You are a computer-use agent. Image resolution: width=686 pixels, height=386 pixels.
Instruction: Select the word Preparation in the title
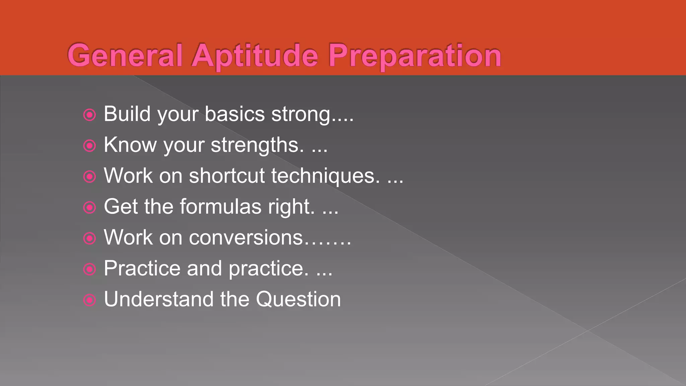tap(415, 56)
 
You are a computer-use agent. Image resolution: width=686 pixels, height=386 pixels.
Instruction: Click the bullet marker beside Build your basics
tap(89, 115)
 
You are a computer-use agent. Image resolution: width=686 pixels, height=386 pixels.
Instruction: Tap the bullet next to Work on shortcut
tap(89, 177)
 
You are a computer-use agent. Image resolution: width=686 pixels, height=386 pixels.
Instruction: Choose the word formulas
tap(221, 206)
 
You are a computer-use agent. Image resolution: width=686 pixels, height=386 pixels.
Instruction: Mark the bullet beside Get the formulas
tap(89, 207)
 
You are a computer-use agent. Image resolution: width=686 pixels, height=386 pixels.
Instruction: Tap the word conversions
tap(246, 238)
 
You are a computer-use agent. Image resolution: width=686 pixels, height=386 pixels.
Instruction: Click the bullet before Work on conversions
tap(89, 238)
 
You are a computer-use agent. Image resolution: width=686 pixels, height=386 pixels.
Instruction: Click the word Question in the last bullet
tap(298, 299)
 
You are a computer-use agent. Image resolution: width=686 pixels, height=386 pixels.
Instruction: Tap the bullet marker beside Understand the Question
tap(89, 300)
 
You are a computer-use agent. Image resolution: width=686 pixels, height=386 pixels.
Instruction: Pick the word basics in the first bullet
tap(234, 114)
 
